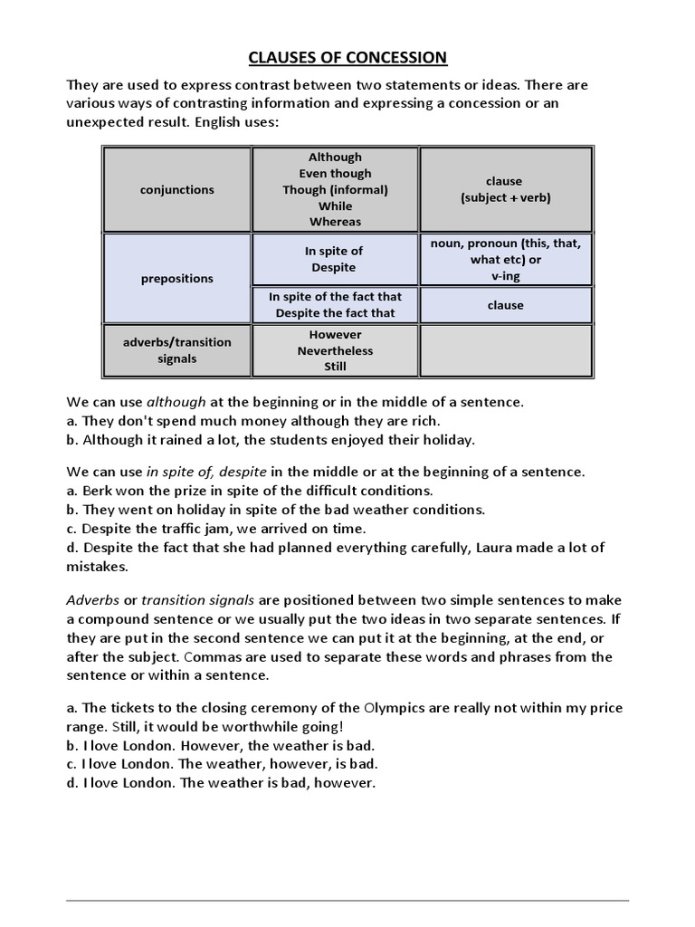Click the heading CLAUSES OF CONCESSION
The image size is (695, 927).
point(347,58)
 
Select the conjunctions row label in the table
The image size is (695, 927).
point(177,189)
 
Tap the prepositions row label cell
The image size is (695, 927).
point(177,279)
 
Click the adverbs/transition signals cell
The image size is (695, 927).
point(177,350)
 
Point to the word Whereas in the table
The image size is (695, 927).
point(335,222)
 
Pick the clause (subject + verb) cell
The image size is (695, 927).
point(505,189)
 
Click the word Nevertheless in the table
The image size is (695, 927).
point(335,350)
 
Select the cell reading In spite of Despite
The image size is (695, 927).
point(335,259)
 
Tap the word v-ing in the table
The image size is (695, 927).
point(505,276)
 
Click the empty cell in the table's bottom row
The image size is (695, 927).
point(505,350)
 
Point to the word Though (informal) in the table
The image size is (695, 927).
point(335,189)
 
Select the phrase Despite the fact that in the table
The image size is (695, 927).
point(335,313)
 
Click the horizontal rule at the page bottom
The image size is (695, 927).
point(347,875)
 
